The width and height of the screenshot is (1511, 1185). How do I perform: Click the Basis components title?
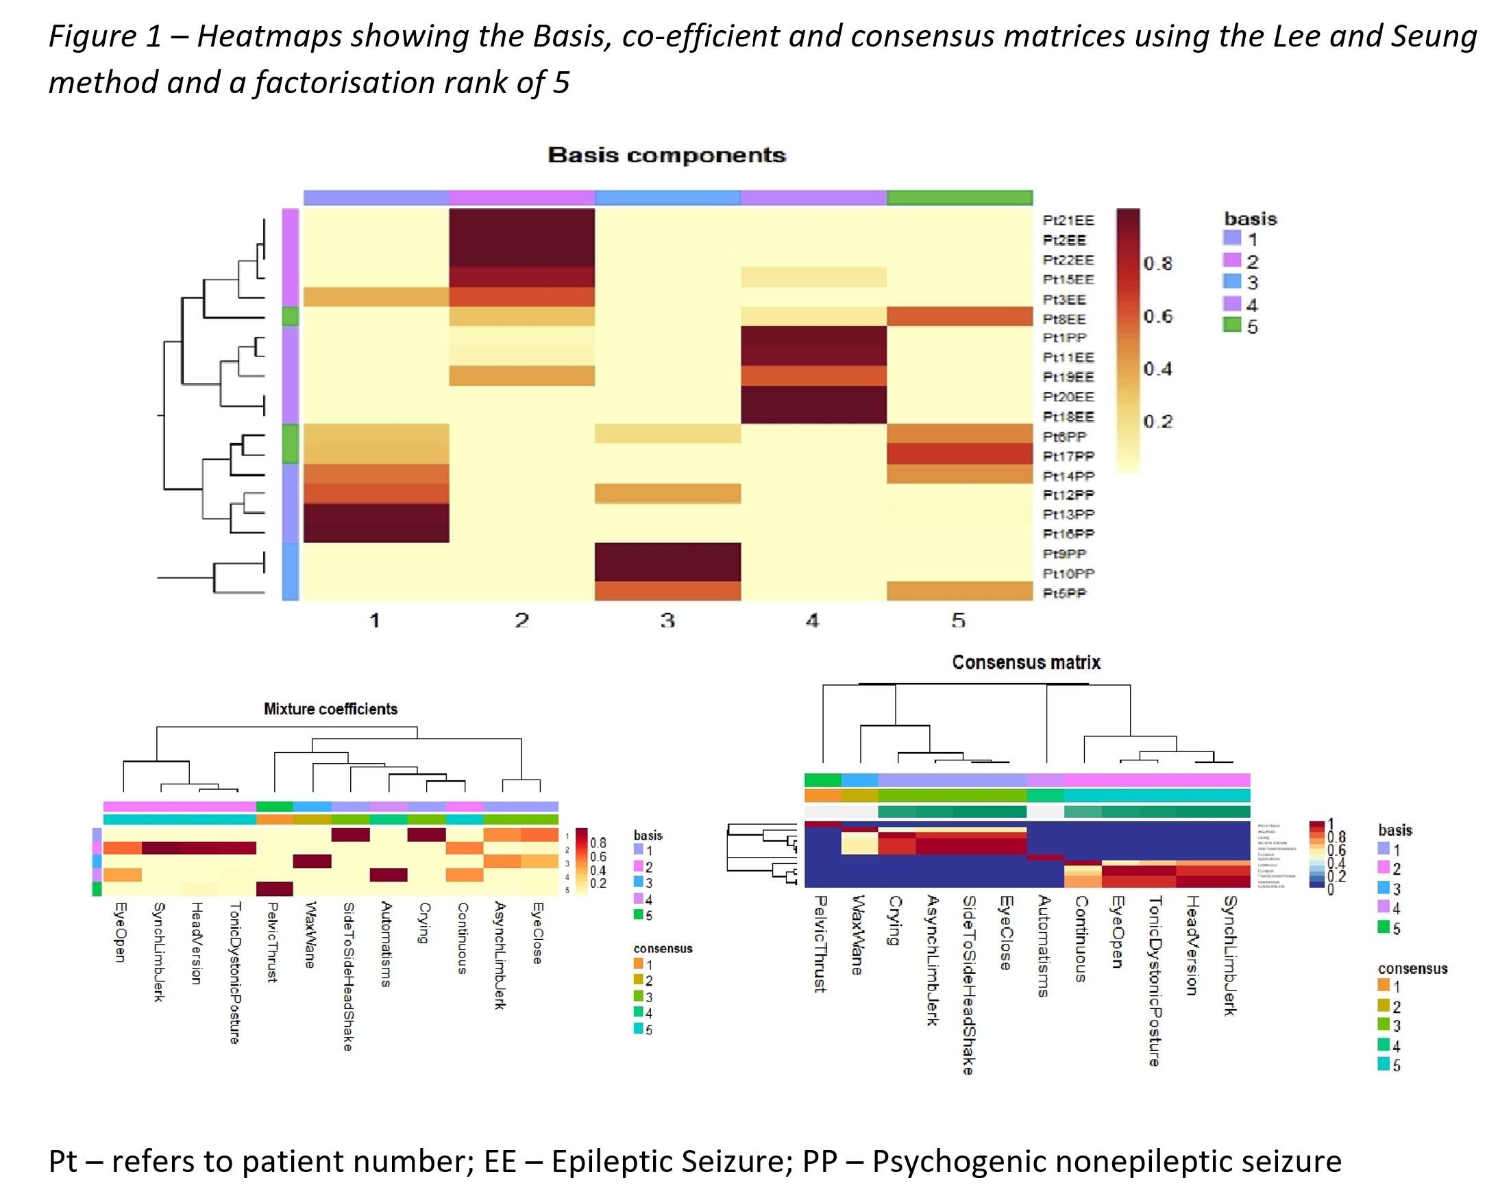(666, 155)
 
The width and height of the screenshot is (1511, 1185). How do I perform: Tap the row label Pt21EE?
(1068, 221)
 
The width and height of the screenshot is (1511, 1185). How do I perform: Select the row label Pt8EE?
(1064, 320)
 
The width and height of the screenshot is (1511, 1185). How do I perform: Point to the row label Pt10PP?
(1068, 574)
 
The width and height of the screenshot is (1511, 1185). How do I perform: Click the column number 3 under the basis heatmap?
(667, 621)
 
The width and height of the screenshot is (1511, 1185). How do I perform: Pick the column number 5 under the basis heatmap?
(958, 621)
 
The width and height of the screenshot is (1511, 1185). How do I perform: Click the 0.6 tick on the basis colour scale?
(1157, 316)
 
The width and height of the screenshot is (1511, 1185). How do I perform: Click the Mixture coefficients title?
(330, 709)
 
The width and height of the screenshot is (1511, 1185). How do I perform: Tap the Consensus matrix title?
(1026, 662)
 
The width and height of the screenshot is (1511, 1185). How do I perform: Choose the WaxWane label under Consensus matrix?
(857, 934)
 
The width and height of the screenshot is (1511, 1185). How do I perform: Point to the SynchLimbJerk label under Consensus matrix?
(1229, 956)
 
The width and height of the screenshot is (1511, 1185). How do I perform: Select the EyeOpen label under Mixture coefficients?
(120, 931)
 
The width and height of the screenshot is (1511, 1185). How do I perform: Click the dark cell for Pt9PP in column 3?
(667, 553)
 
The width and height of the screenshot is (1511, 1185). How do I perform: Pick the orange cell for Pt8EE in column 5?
(959, 317)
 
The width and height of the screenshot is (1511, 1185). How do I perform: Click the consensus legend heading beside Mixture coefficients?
(662, 949)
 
